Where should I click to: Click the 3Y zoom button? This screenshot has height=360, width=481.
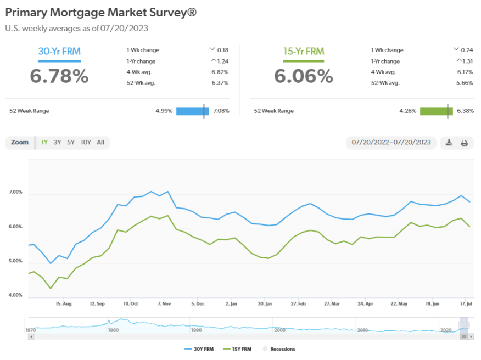click(57, 143)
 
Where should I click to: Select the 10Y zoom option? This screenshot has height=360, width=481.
click(86, 143)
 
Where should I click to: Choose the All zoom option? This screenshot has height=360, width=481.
click(100, 143)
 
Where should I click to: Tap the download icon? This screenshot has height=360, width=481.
click(449, 143)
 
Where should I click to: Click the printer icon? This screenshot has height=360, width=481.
click(464, 143)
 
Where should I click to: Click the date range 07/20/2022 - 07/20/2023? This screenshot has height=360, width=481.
click(391, 143)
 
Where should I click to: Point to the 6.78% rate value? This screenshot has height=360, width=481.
click(59, 76)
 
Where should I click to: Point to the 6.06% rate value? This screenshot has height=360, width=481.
click(304, 76)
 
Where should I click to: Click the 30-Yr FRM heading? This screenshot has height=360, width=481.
click(59, 52)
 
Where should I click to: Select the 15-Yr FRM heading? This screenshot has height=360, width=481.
click(304, 52)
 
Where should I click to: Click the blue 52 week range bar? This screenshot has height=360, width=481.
click(192, 111)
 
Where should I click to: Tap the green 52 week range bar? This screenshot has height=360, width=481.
click(437, 111)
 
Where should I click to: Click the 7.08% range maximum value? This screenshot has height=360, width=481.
click(221, 111)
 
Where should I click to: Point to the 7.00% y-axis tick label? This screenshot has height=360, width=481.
click(15, 192)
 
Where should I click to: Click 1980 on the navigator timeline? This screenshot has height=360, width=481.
click(113, 330)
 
